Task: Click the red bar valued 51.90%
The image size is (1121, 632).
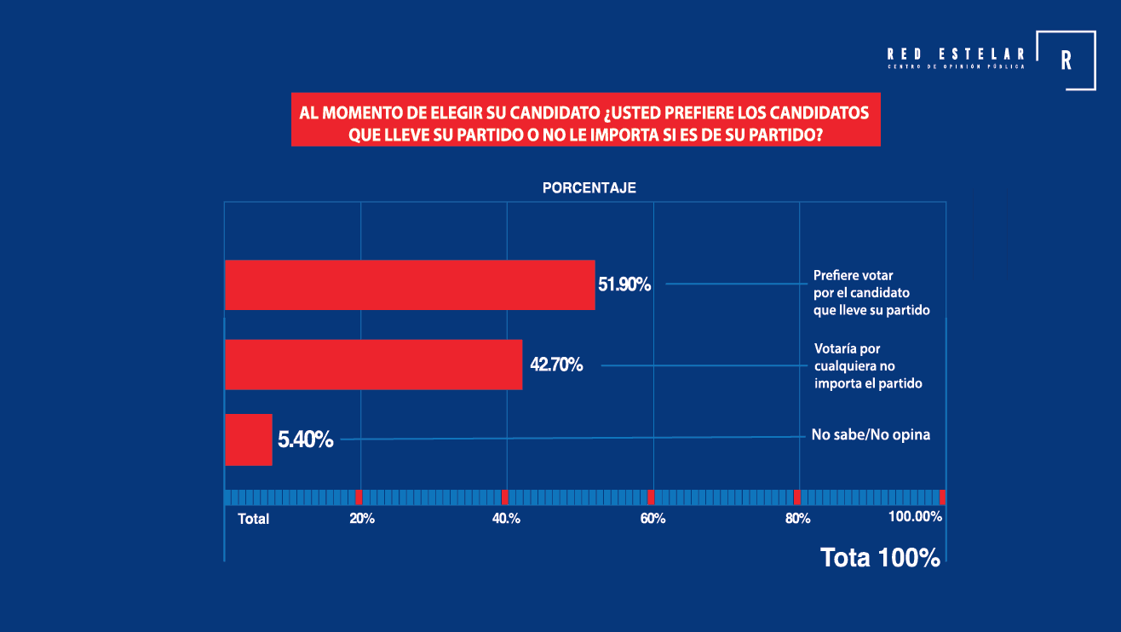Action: pos(409,284)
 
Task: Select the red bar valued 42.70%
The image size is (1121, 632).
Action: pos(373,365)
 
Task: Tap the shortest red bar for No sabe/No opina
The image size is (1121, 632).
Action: pos(248,440)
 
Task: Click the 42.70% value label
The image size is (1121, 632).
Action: pos(556,365)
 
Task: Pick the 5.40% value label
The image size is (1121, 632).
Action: pos(305,440)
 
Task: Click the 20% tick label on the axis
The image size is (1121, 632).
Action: pos(362,518)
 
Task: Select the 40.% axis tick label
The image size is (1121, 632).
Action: pos(507,518)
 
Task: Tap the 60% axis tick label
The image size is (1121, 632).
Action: pos(652,518)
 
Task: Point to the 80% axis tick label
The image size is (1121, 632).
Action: pos(797,518)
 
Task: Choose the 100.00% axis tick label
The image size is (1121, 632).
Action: pos(916,516)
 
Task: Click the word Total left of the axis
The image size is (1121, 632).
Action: pos(253,519)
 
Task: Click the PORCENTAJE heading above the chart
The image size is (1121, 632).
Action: pos(589,187)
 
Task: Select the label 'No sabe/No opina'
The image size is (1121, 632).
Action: pos(871,434)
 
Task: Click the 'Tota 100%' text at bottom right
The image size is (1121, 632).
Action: pos(880,558)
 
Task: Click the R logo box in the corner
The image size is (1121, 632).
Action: pos(1066,60)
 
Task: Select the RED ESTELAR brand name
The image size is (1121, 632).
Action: pos(956,54)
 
